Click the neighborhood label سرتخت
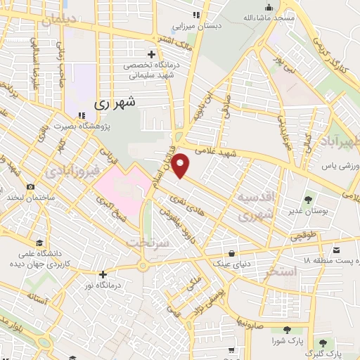click(148, 241)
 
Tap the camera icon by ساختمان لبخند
click(30, 187)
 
